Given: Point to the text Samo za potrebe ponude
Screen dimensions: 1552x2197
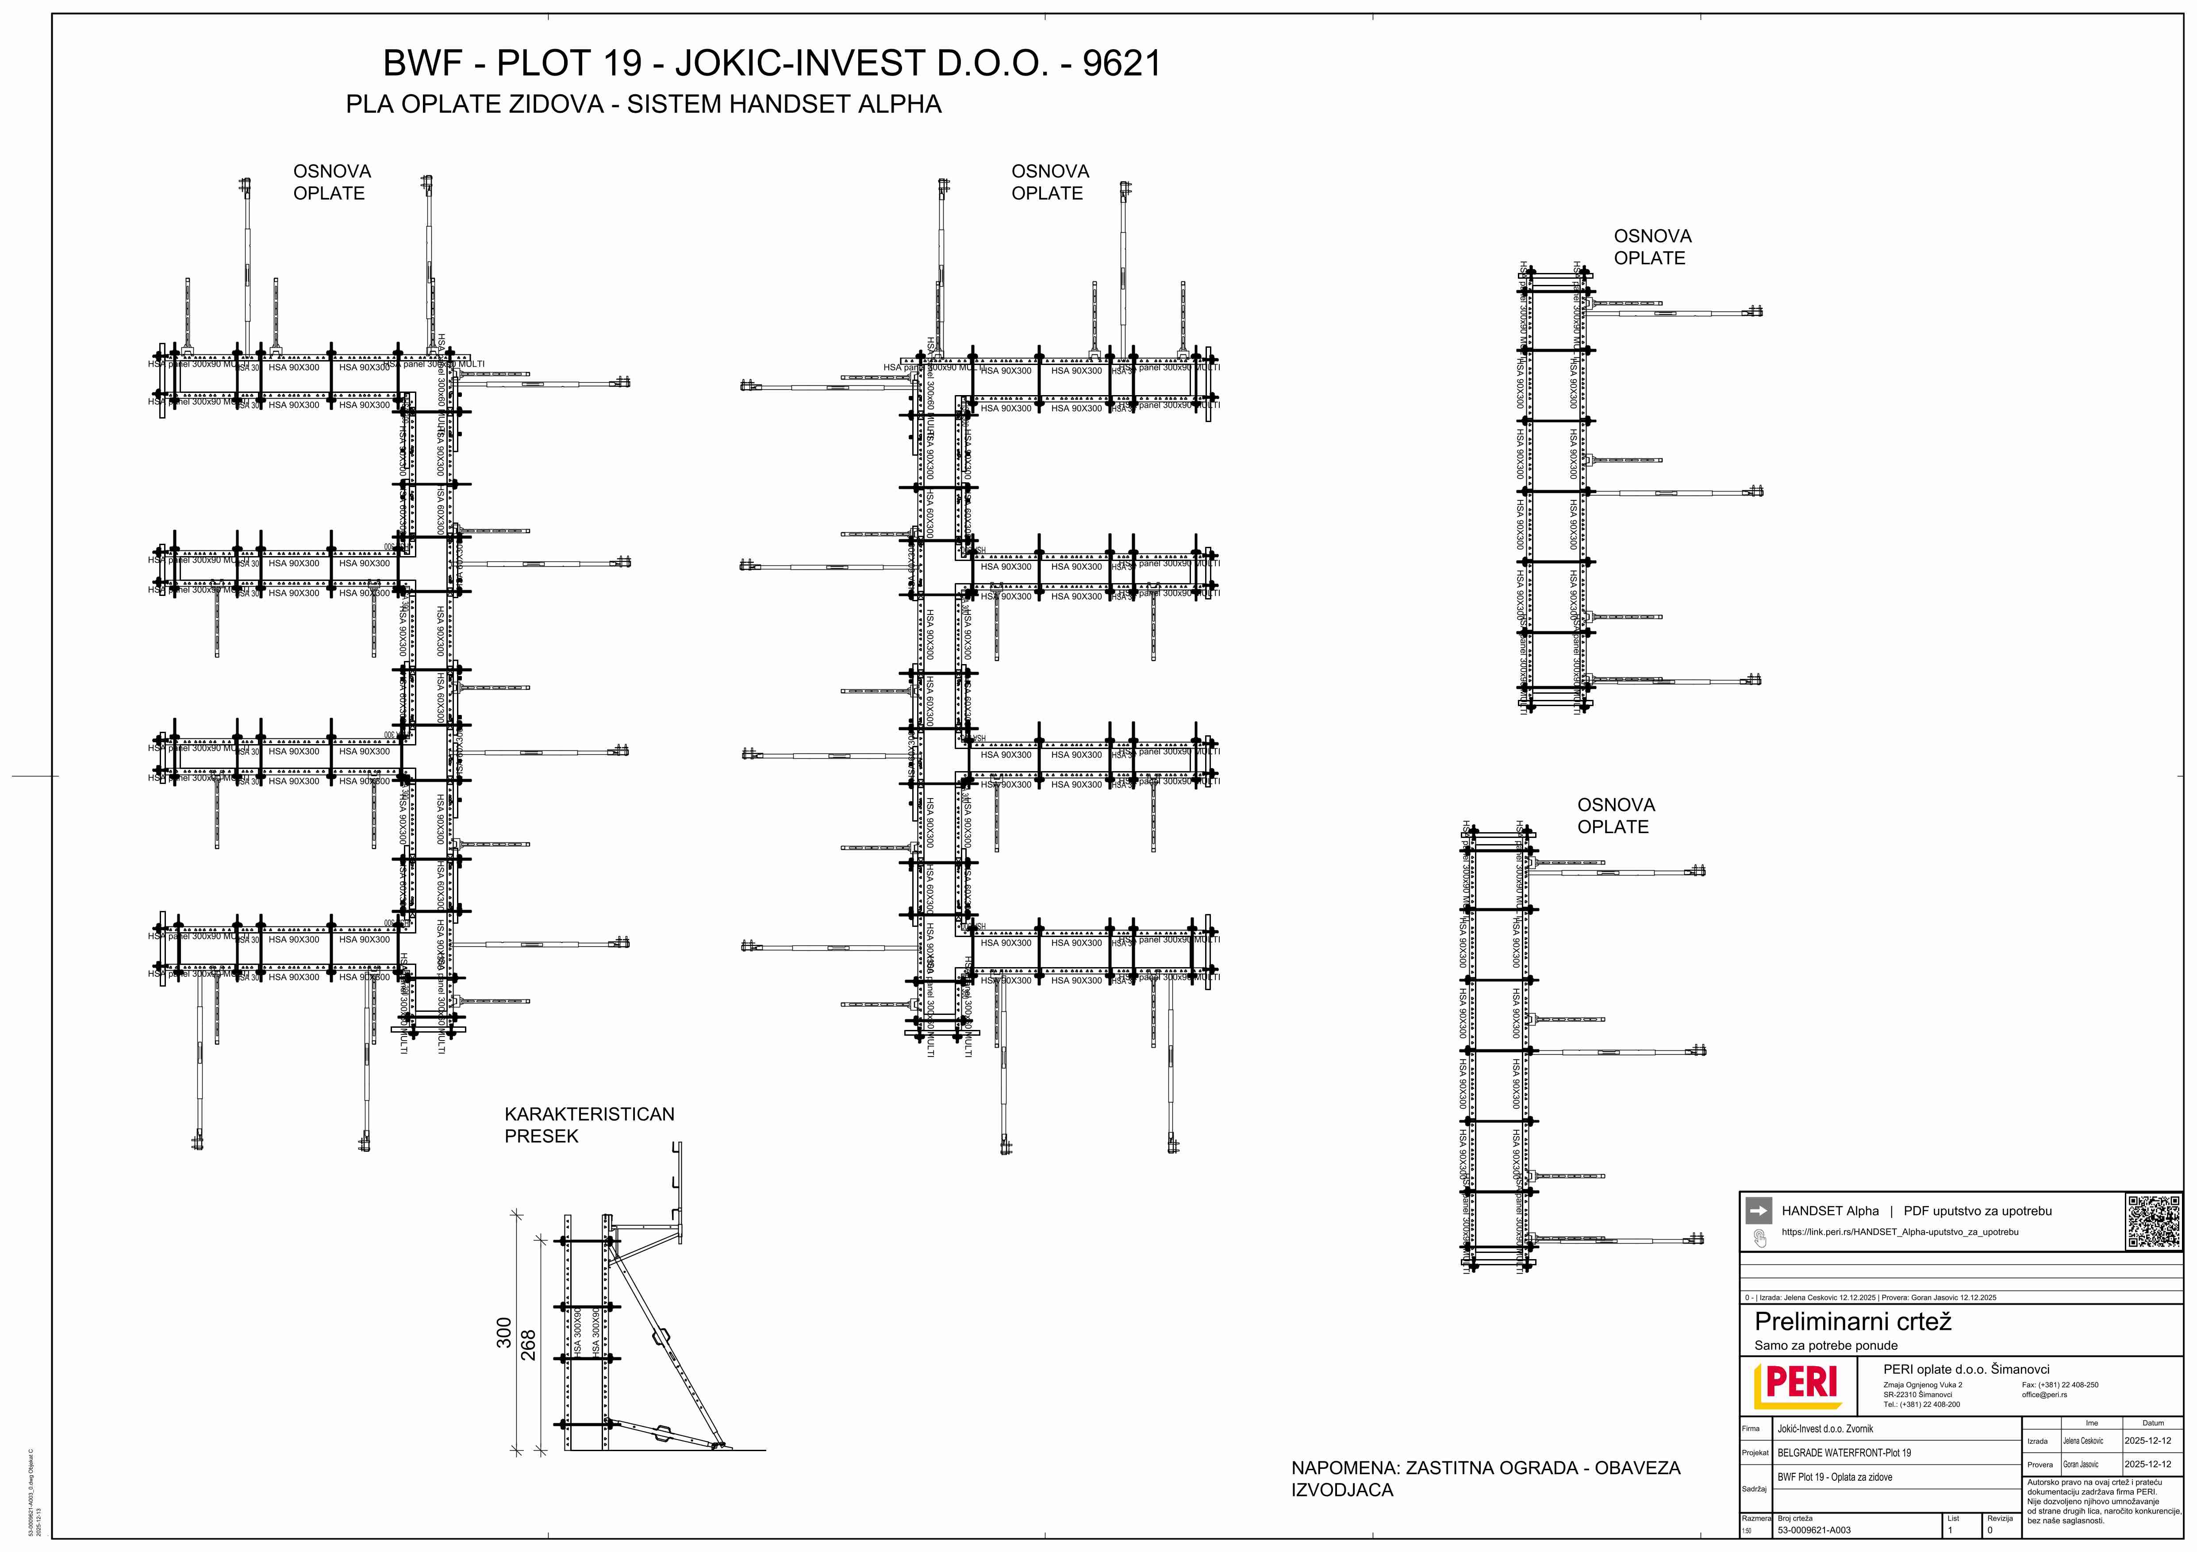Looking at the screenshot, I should [x=1826, y=1345].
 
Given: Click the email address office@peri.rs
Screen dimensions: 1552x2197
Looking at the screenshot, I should [x=2044, y=1395].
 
